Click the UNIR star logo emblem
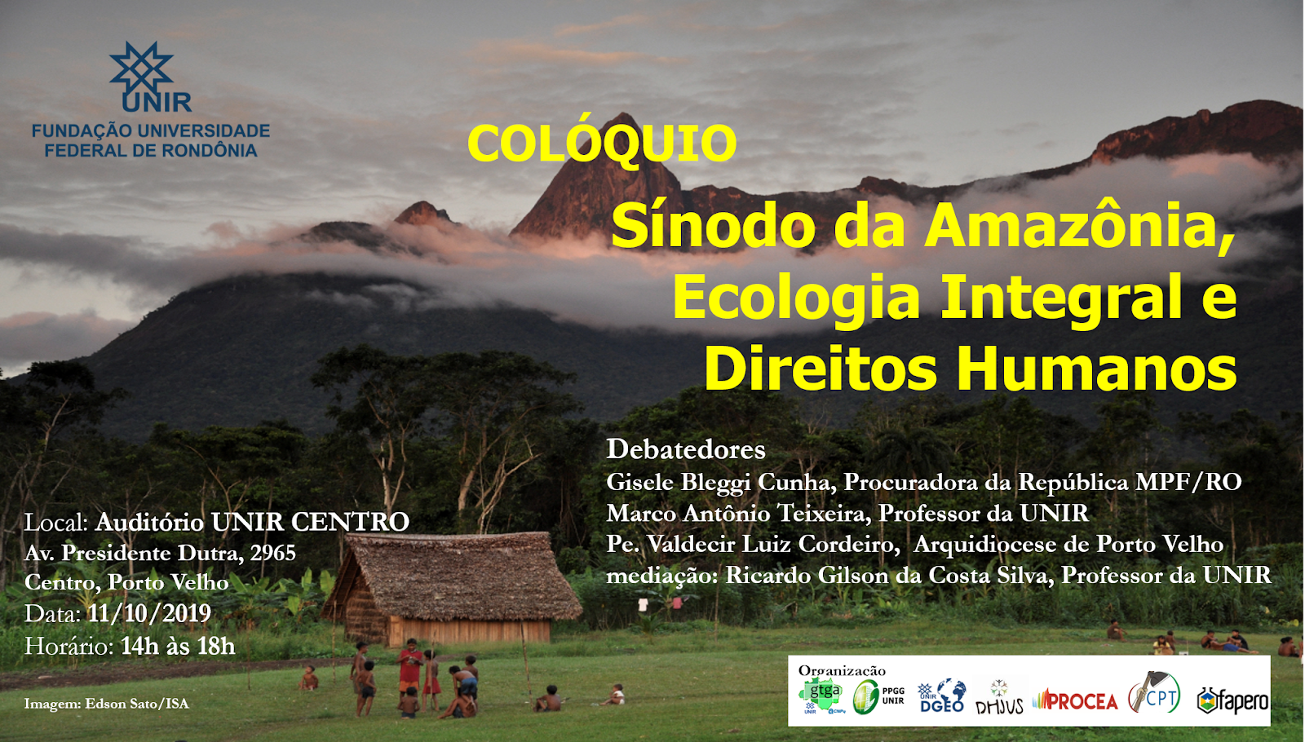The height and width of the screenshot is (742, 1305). point(142,68)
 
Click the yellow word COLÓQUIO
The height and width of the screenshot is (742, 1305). point(603,143)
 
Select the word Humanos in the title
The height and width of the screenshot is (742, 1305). point(1096,369)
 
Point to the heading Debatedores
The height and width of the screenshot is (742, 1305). point(686,449)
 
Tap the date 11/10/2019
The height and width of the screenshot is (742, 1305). point(149,613)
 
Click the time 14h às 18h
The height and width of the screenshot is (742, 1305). point(178,646)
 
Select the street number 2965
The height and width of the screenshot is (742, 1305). point(272,552)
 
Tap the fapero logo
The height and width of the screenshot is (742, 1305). point(1232,700)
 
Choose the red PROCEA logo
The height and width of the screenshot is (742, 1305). point(1075,701)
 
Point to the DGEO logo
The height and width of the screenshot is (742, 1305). point(942,696)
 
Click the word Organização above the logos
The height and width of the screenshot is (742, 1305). point(841,670)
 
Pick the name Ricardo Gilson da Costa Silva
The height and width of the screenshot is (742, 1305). point(889,576)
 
